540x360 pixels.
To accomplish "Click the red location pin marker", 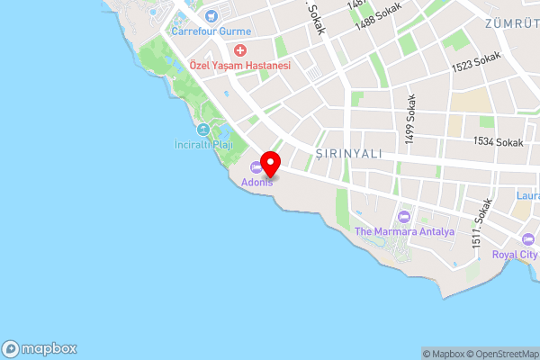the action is point(270,164).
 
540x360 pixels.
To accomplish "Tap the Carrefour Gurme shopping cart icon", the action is point(211,15).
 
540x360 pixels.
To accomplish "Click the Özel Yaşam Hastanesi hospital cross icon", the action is point(240,50).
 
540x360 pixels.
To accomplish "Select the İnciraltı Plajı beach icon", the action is point(202,130).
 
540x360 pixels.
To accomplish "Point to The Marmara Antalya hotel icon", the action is point(403,216).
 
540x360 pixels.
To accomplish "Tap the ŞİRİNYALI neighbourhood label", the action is point(349,154).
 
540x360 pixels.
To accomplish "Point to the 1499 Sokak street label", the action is point(411,120).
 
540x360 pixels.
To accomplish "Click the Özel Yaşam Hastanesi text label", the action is point(240,67).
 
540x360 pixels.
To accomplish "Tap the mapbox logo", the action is point(40,349).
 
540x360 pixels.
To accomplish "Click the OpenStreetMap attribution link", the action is point(499,354).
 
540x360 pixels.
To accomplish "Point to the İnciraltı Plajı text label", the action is point(202,145).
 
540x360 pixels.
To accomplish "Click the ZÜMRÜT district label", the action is point(510,22).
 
